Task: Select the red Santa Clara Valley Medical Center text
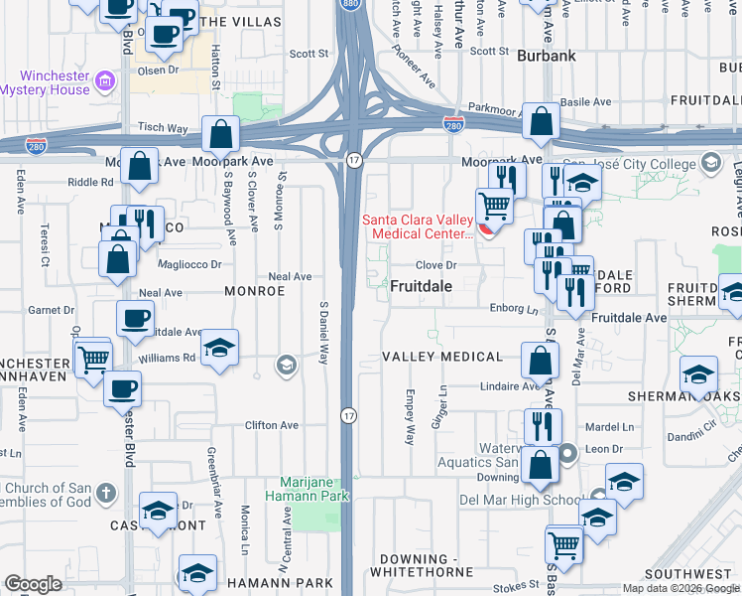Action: click(x=417, y=226)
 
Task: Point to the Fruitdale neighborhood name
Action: click(x=421, y=286)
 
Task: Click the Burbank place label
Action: click(x=546, y=57)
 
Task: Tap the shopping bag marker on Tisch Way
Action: click(x=220, y=133)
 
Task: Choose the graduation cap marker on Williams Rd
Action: click(x=220, y=347)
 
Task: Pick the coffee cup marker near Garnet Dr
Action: click(x=136, y=318)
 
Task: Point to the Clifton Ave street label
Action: click(x=273, y=425)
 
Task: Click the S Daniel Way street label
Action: click(x=323, y=333)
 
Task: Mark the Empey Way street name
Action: click(x=409, y=416)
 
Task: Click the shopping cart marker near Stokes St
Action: click(x=563, y=542)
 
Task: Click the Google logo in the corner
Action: click(x=33, y=584)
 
